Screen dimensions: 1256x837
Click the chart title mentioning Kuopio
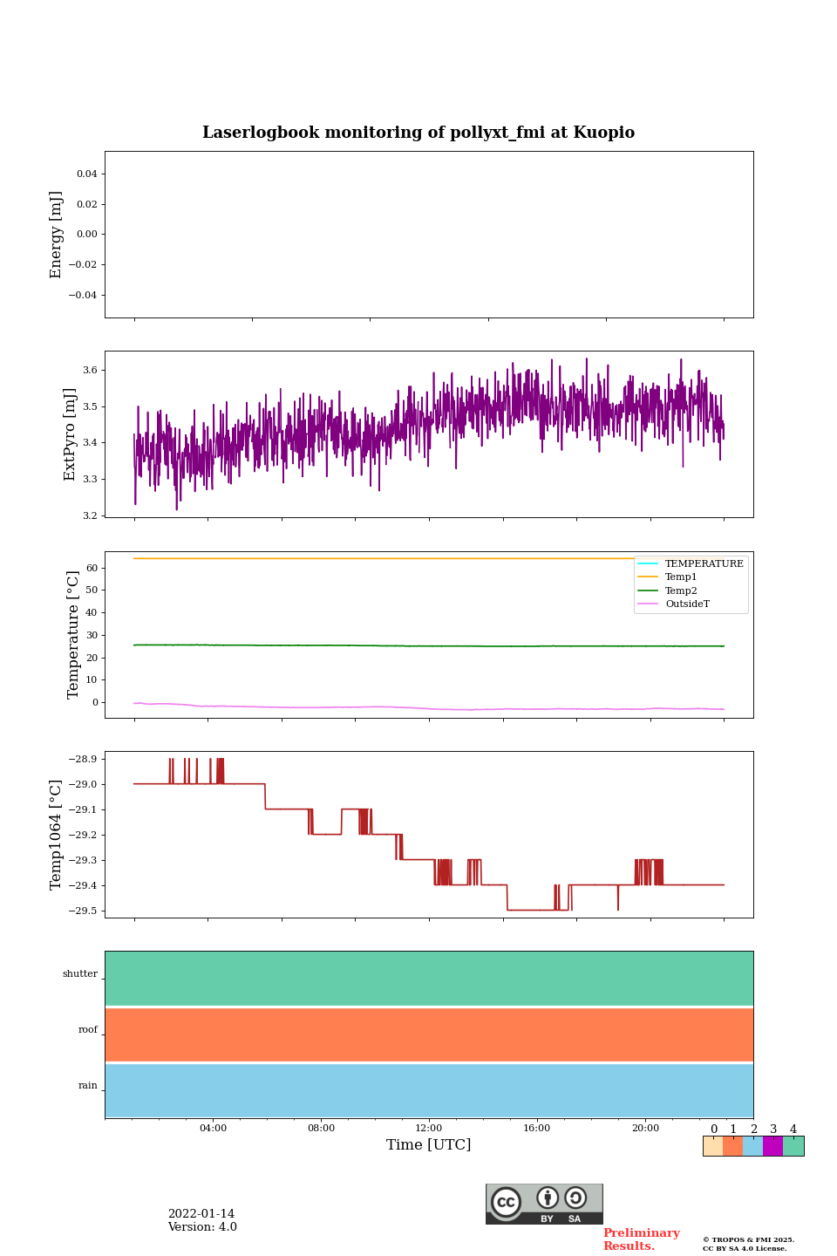pyautogui.click(x=418, y=133)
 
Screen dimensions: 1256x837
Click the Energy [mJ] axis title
pyautogui.click(x=57, y=235)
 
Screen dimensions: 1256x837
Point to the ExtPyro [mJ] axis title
pyautogui.click(x=70, y=434)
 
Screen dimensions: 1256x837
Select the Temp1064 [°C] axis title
pyautogui.click(x=57, y=835)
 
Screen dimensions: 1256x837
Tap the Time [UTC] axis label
pyautogui.click(x=429, y=1144)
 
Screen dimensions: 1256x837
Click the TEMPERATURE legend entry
pyautogui.click(x=704, y=563)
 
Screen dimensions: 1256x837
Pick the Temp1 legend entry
pyautogui.click(x=681, y=577)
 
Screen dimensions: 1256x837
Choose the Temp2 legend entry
pyautogui.click(x=681, y=590)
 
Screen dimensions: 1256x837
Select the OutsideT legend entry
pyautogui.click(x=687, y=604)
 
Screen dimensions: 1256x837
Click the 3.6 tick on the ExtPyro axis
pyautogui.click(x=90, y=370)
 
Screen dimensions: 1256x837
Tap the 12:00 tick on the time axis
pyautogui.click(x=429, y=1128)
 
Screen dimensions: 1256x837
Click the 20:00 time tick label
pyautogui.click(x=645, y=1128)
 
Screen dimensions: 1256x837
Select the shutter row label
pyautogui.click(x=80, y=974)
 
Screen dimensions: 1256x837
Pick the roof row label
pyautogui.click(x=88, y=1030)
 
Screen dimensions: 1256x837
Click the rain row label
pyautogui.click(x=88, y=1086)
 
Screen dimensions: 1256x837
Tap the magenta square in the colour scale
pyautogui.click(x=772, y=1146)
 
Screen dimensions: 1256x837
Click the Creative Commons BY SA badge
pyautogui.click(x=544, y=1204)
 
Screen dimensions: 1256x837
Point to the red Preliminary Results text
pyautogui.click(x=641, y=1239)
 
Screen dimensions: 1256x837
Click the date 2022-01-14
pyautogui.click(x=201, y=1214)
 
